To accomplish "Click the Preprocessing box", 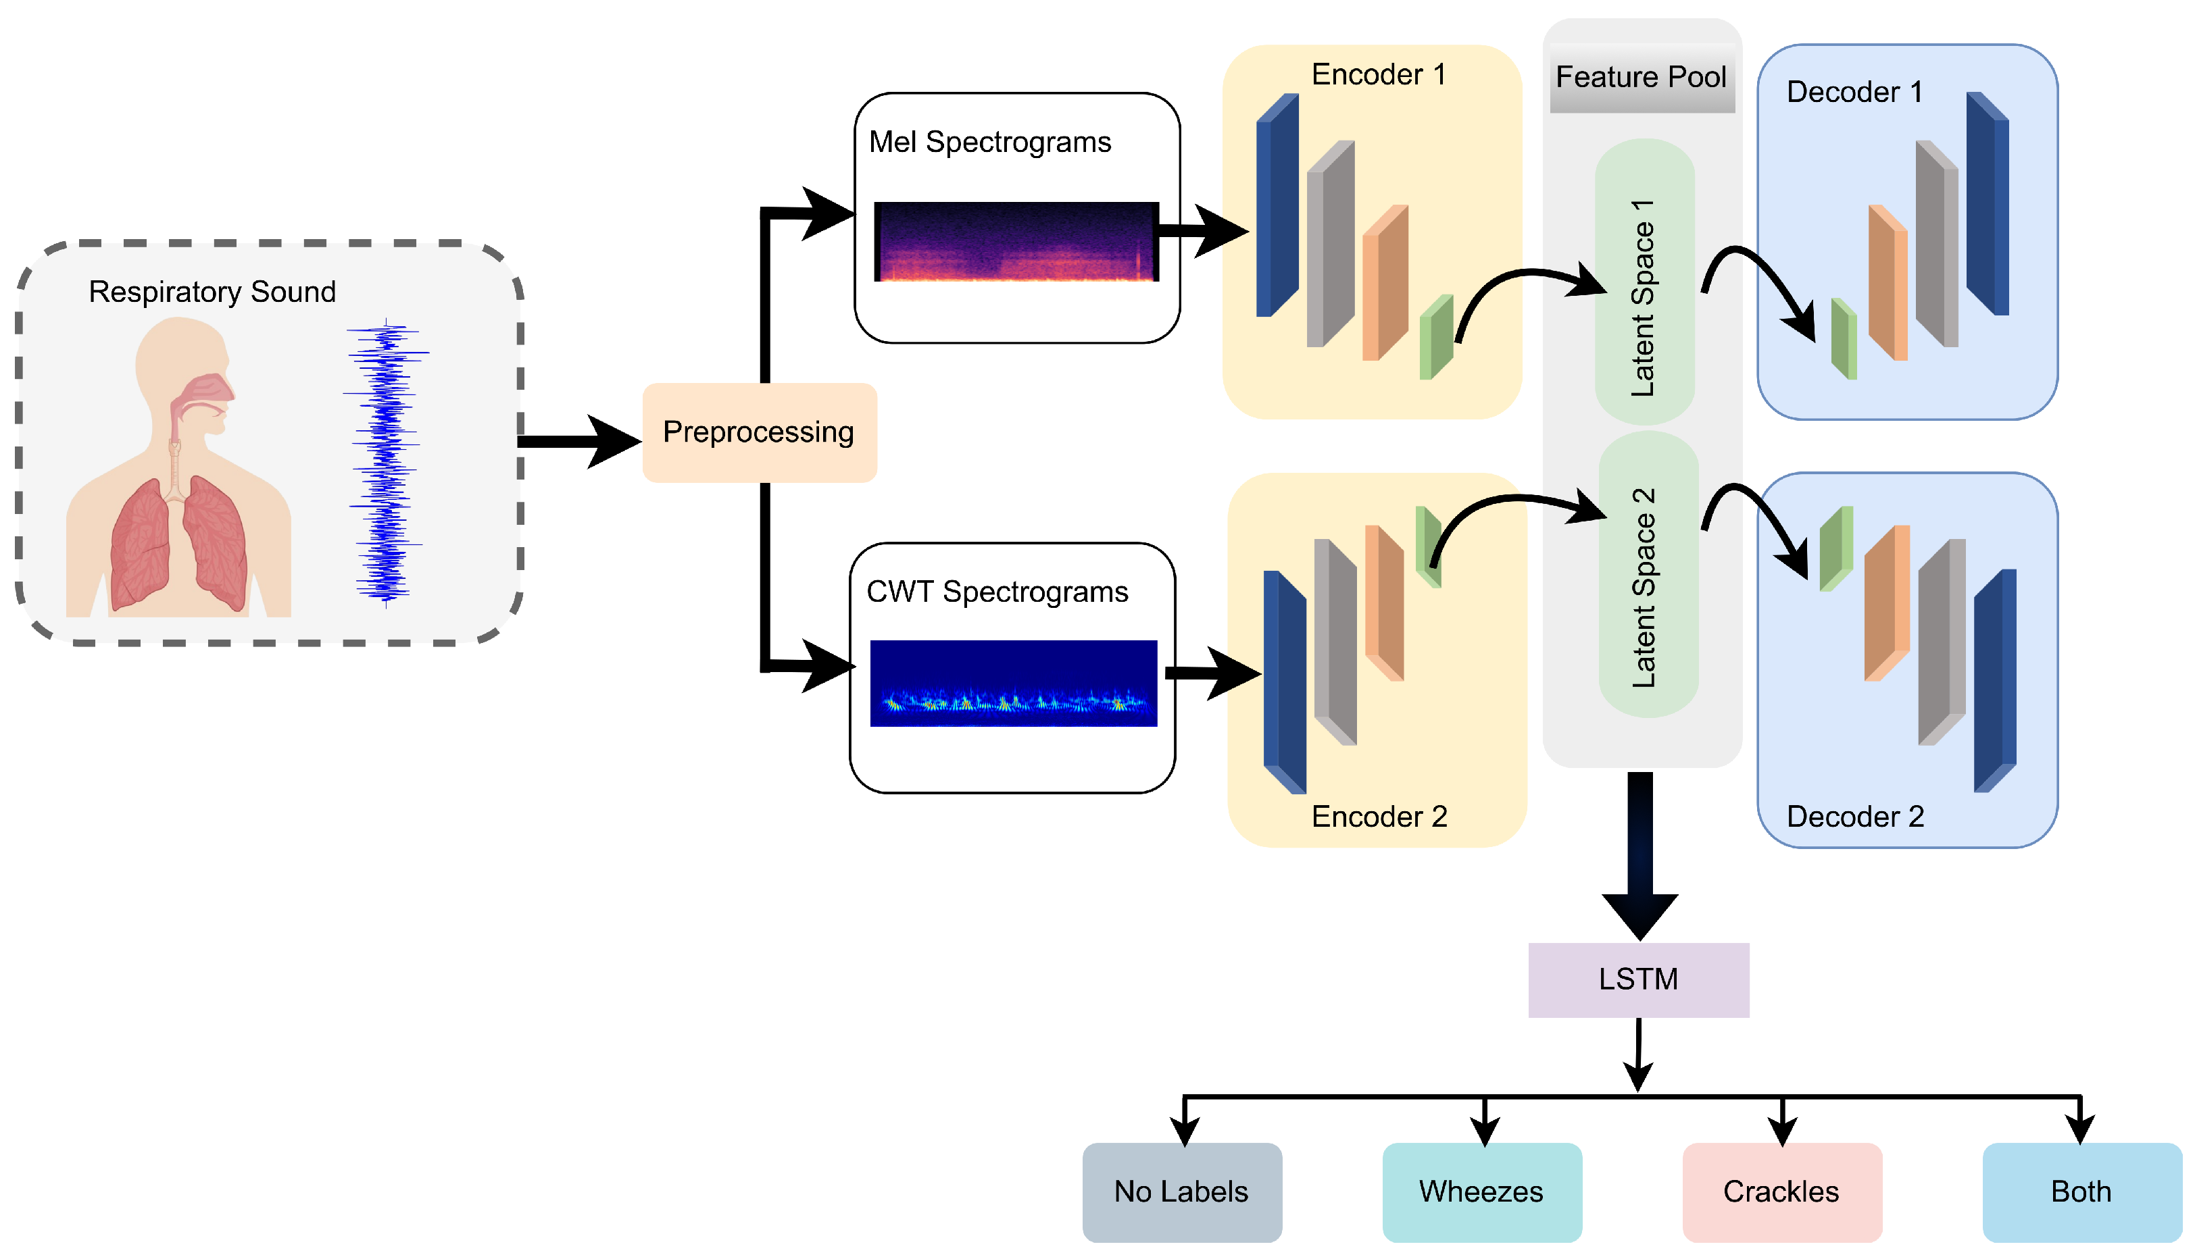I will tap(759, 432).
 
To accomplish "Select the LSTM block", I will tap(1638, 980).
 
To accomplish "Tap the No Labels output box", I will tap(1181, 1192).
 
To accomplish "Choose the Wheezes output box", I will tap(1481, 1192).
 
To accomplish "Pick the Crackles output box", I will tap(1781, 1192).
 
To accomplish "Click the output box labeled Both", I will tap(2081, 1192).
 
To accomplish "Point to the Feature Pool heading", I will tap(1641, 78).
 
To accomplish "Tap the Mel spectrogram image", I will tap(1016, 242).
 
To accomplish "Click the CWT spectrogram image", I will tap(1013, 683).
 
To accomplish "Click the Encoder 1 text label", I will tap(1378, 75).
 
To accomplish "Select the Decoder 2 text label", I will tap(1855, 817).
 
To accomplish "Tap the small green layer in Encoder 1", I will tap(1437, 338).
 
